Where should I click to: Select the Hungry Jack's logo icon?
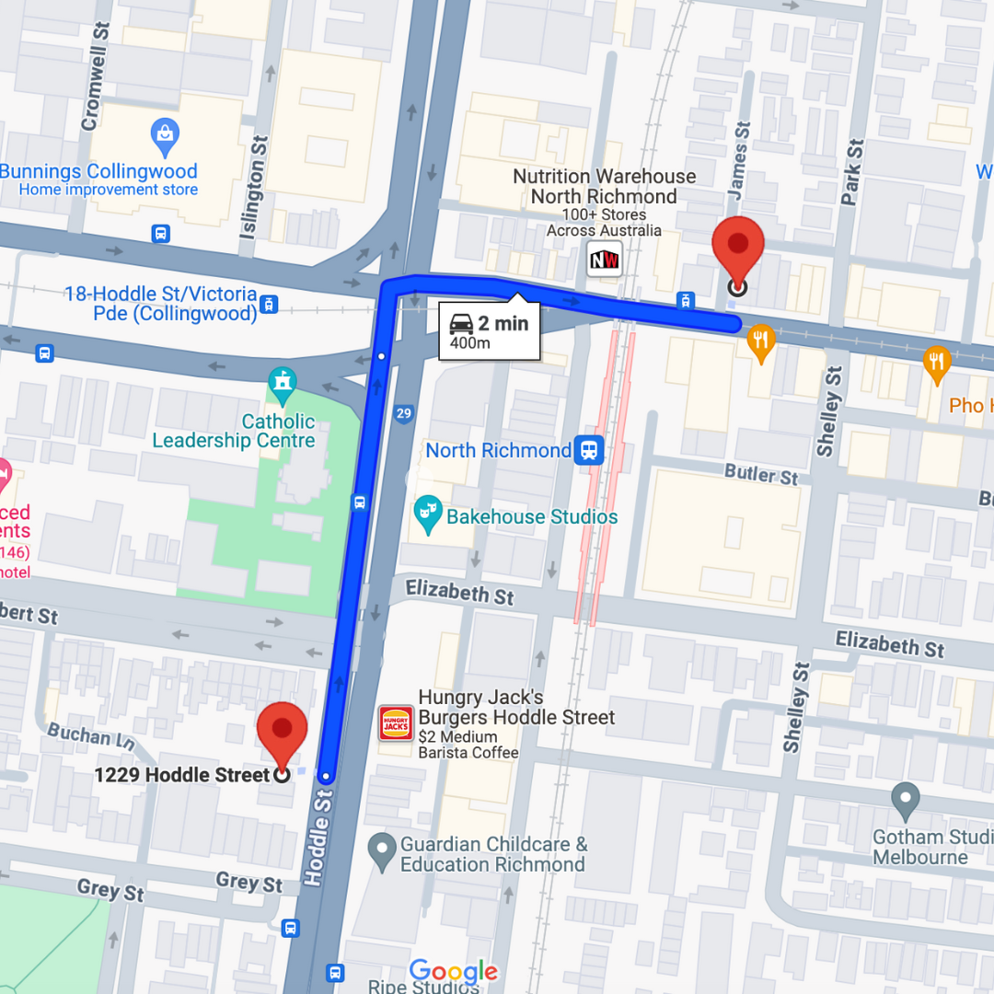click(x=396, y=723)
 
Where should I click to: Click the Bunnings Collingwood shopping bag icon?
click(x=165, y=138)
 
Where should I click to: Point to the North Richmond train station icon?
click(x=589, y=451)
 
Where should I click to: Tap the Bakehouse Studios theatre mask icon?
click(x=427, y=515)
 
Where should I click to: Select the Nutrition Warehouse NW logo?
click(x=605, y=259)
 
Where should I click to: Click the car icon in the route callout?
click(x=461, y=324)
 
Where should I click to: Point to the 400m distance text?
click(x=469, y=344)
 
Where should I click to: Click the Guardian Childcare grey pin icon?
click(x=381, y=851)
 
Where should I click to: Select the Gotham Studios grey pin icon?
click(x=906, y=800)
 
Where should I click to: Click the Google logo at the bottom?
click(x=453, y=971)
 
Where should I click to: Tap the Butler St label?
click(x=761, y=475)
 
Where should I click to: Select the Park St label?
click(x=851, y=171)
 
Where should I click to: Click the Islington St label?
click(x=253, y=189)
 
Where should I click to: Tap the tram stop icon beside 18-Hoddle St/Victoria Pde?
click(x=269, y=304)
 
